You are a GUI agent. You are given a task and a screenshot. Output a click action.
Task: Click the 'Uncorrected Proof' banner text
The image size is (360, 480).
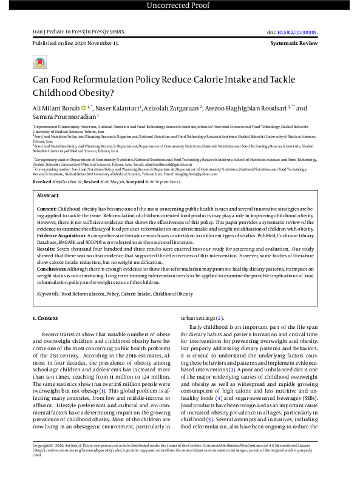(x=180, y=7)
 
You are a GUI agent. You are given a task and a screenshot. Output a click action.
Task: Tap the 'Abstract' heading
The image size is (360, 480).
(x=48, y=196)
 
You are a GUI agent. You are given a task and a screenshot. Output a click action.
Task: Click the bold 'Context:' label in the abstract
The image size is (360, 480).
(x=47, y=208)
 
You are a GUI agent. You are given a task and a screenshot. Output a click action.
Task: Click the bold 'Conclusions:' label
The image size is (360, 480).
(x=51, y=268)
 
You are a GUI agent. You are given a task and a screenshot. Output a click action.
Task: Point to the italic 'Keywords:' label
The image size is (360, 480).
(x=48, y=293)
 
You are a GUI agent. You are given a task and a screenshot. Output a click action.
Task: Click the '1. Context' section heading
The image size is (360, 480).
(x=46, y=318)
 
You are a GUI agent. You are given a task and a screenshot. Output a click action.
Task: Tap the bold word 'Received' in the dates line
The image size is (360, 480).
(x=42, y=182)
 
